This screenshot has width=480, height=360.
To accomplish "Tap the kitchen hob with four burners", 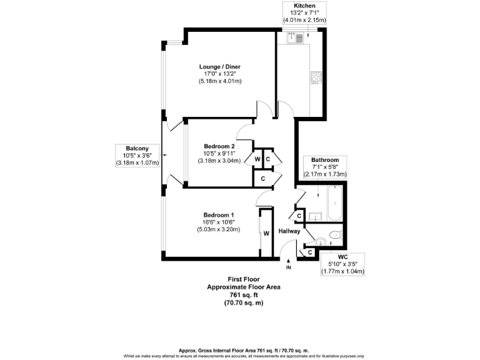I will point(316,78).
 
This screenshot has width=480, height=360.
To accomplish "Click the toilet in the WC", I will point(334,236).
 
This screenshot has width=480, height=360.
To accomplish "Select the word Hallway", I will point(289,231).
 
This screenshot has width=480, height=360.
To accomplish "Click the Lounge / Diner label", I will point(220,67).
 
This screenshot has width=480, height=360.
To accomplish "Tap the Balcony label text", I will point(137,148).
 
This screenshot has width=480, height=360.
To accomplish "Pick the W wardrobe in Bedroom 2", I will point(257,159).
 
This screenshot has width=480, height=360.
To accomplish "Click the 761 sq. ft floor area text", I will point(244,295).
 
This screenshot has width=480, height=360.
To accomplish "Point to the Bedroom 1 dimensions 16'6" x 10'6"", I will point(220,222).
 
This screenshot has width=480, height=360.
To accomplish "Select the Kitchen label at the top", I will point(304,5).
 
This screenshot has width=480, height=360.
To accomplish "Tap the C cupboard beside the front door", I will point(309,252).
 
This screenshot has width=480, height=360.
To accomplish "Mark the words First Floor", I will point(244,279).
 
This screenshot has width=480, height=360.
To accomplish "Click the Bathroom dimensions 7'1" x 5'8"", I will point(325,167).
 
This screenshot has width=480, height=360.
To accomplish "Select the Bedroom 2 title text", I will point(219,146).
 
